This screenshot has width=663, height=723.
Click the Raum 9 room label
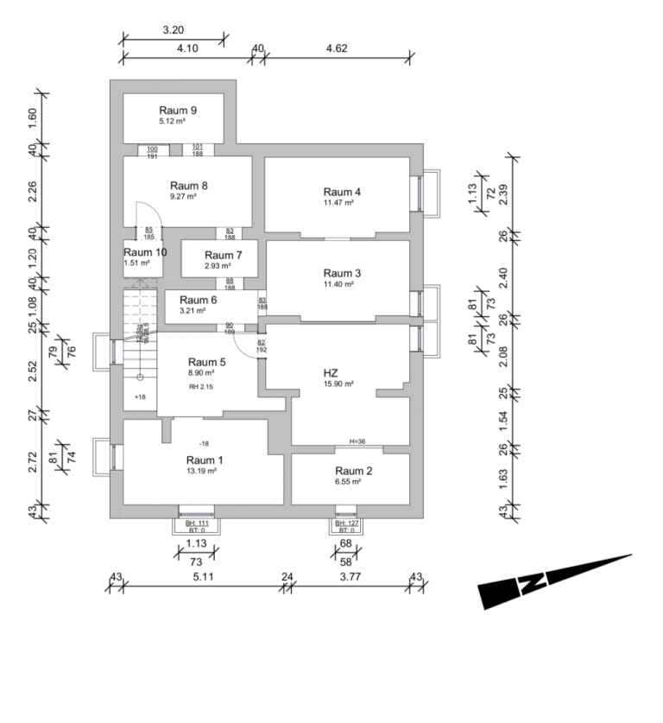tap(178, 111)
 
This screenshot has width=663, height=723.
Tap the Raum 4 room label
tap(342, 192)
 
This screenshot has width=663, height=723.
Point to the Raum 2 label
tap(354, 471)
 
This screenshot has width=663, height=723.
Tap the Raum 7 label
tap(224, 255)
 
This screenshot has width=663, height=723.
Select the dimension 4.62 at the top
tap(337, 48)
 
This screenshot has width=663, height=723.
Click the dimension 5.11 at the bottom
tap(203, 577)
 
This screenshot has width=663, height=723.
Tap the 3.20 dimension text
tap(173, 29)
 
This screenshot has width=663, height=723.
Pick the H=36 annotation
tap(358, 441)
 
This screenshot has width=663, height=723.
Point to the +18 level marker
tap(141, 396)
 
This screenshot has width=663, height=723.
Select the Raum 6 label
tap(186, 299)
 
